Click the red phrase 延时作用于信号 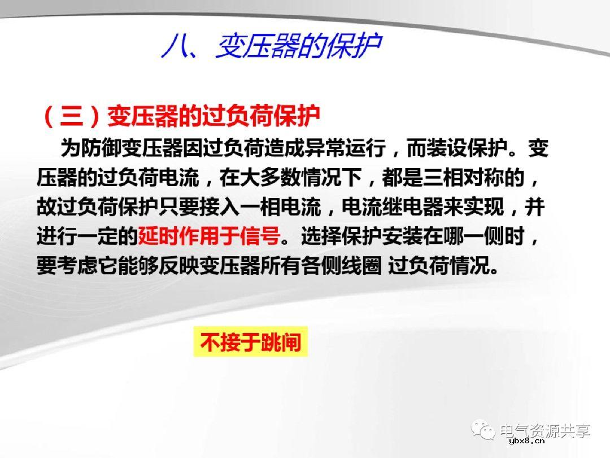[209, 236]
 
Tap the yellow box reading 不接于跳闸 [251, 342]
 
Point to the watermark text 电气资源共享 [544, 431]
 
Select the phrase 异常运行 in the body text [345, 149]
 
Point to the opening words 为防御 [82, 149]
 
